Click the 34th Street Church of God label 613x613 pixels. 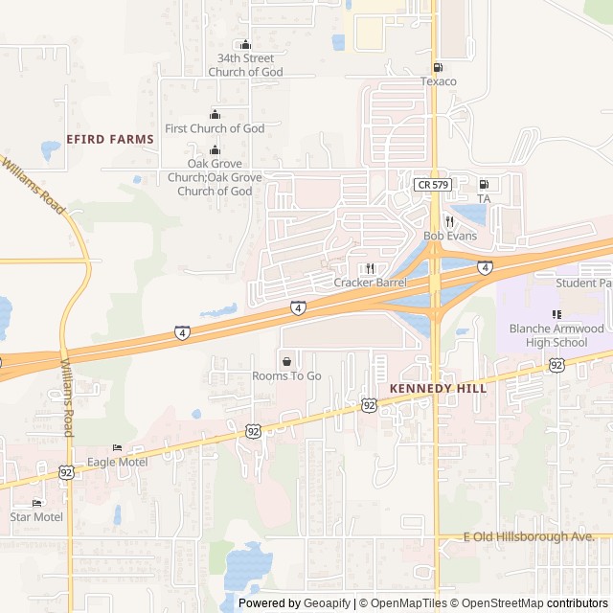pyautogui.click(x=245, y=65)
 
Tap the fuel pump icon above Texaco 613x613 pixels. pyautogui.click(x=438, y=67)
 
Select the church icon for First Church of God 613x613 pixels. pyautogui.click(x=215, y=115)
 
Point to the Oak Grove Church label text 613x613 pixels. pyautogui.click(x=215, y=177)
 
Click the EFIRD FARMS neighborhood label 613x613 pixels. pyautogui.click(x=110, y=139)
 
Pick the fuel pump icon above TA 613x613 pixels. pyautogui.click(x=484, y=184)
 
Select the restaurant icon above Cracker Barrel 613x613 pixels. pyautogui.click(x=370, y=268)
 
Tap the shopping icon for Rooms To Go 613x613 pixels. pyautogui.click(x=286, y=361)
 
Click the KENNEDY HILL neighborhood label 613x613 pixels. pyautogui.click(x=438, y=389)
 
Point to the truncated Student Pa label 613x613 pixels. pyautogui.click(x=582, y=283)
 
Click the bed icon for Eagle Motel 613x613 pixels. pyautogui.click(x=117, y=447)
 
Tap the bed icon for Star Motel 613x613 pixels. pyautogui.click(x=36, y=503)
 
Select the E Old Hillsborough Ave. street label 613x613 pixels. pyautogui.click(x=529, y=537)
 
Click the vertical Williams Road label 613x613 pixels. pyautogui.click(x=66, y=398)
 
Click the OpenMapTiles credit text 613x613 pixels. pyautogui.click(x=401, y=603)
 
